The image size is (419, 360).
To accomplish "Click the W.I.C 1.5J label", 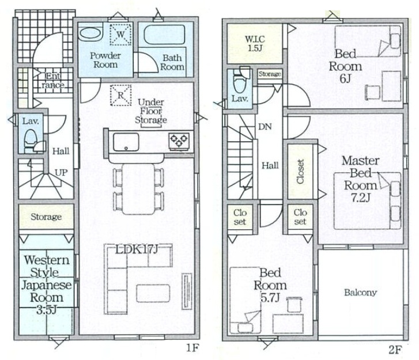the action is coord(255,44).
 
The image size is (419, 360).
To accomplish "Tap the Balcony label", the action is coord(360,293).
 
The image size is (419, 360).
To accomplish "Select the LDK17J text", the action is coord(137,249).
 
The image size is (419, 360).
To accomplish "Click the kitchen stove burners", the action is coord(179,141).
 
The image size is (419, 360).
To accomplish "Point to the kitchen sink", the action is coord(126,142).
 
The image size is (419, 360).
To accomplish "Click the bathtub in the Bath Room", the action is coord(165,35).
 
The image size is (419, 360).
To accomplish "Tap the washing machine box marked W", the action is coord(120,34).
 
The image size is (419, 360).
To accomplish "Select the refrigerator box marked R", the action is coord(121,96).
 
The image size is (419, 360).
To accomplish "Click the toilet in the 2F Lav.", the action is coord(240,79).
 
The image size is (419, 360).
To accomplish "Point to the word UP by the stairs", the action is coord(61,173).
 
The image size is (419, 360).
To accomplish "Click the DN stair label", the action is coord(265,127).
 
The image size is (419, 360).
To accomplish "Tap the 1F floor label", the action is coord(192,348).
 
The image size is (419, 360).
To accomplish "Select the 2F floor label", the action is coord(395,350).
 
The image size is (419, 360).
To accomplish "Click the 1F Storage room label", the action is coord(46,217).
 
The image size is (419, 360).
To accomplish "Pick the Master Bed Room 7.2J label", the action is coord(360,179).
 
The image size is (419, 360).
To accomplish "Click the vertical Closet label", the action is coord(301,172).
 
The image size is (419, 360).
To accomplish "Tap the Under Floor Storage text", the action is coord(150,111).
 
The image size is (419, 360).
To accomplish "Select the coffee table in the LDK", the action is coord(153,293).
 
